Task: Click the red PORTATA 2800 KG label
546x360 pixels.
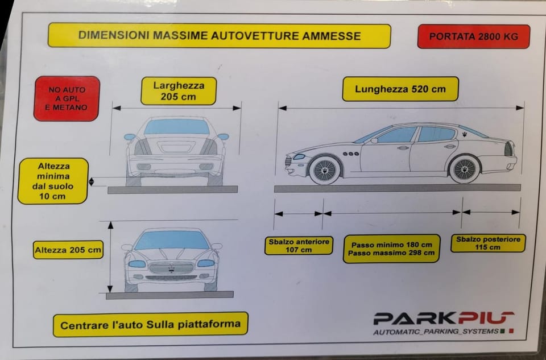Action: [x=473, y=36]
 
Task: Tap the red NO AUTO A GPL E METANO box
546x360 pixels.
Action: [x=67, y=98]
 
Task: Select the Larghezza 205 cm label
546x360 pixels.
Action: [x=179, y=91]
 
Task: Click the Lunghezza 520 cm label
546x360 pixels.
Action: [x=400, y=89]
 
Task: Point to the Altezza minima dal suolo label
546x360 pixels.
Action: [x=53, y=181]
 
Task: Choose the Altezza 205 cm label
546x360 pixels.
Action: [x=68, y=249]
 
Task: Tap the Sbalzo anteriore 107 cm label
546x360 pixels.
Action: [x=299, y=245]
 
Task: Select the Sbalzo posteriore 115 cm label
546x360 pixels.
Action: [x=488, y=243]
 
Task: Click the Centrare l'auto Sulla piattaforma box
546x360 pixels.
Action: [x=150, y=325]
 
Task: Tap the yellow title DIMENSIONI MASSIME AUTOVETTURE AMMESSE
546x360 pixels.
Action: [x=219, y=36]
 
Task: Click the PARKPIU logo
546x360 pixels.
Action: [x=443, y=318]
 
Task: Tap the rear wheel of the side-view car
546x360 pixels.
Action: [x=464, y=169]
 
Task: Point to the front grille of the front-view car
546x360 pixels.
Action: [x=171, y=267]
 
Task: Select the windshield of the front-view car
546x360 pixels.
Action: [x=171, y=241]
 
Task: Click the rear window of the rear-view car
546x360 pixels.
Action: [x=176, y=127]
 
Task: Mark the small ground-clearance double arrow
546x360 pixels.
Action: [x=92, y=182]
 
